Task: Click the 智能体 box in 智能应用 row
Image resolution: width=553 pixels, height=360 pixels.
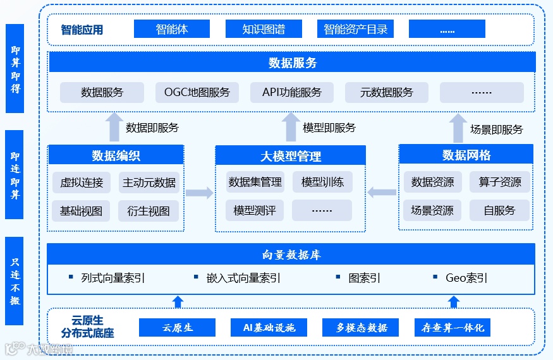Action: coord(172,29)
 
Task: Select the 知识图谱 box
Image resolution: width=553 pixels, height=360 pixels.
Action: coord(264,29)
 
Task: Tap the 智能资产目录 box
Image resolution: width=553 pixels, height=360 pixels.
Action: coord(355,29)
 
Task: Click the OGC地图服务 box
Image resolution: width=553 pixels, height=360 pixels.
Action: coord(197,92)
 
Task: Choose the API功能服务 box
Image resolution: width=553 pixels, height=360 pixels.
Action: coord(292,92)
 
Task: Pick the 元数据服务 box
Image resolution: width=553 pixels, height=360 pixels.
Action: coord(387,92)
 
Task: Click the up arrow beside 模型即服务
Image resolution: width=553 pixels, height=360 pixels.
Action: coord(291,127)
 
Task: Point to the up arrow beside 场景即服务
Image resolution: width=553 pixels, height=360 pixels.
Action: coord(458,128)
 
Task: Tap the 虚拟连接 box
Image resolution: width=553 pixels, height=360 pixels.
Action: coord(82,183)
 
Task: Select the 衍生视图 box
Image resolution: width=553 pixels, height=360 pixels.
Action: coord(149,211)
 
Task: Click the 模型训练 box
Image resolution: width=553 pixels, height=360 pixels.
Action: coord(322,182)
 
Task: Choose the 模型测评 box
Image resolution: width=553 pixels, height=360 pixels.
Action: coord(255,210)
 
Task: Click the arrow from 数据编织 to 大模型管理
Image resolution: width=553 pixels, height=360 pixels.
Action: coord(200,193)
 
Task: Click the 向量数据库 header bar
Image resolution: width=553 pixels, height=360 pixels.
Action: coord(291,255)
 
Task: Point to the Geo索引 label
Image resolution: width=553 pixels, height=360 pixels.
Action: coord(466,278)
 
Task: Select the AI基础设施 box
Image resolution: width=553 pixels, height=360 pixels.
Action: coord(269,328)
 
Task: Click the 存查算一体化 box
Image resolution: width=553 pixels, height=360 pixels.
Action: coord(453,328)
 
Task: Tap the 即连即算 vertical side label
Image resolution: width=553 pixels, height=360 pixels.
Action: coord(15,174)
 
